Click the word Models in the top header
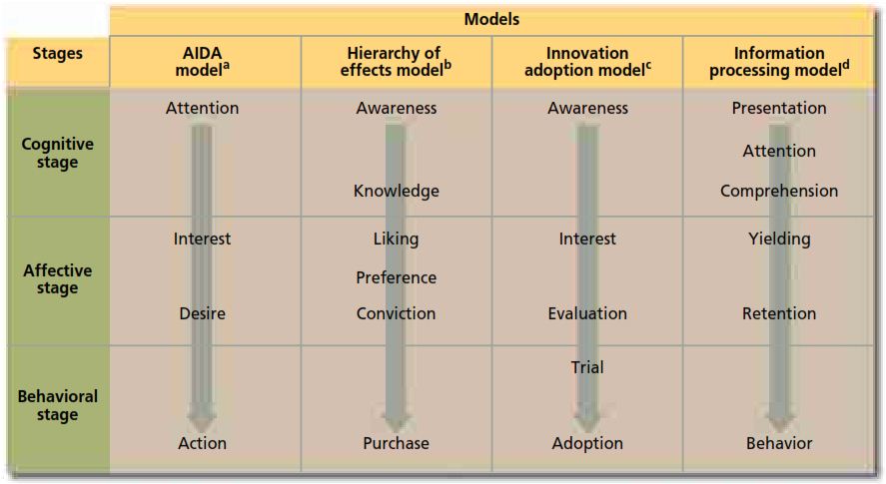tap(491, 19)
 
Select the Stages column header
tap(58, 54)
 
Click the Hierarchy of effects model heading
tap(396, 62)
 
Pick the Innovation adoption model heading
tap(587, 62)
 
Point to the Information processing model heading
tap(779, 62)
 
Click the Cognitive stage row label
tap(58, 153)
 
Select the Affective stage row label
tap(58, 279)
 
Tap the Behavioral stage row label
tap(58, 405)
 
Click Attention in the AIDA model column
tap(202, 108)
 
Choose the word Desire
tap(202, 313)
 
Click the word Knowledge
tap(396, 191)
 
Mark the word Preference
tap(396, 277)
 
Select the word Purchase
tap(396, 443)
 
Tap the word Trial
tap(587, 367)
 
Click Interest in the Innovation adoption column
tap(587, 239)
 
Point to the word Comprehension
tap(779, 191)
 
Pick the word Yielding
tap(779, 239)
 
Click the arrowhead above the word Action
tap(202, 417)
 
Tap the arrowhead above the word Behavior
tap(779, 417)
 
